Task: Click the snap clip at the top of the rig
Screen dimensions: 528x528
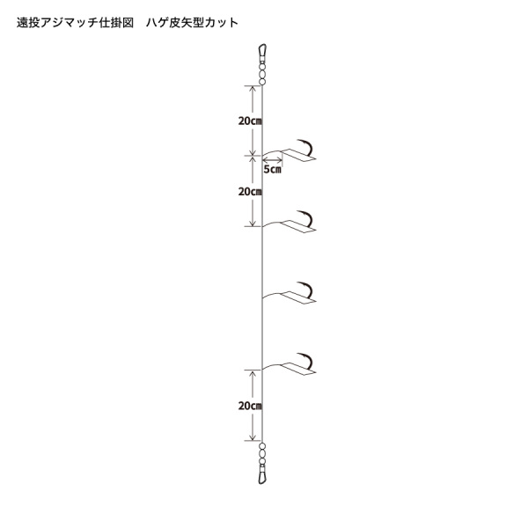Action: (262, 51)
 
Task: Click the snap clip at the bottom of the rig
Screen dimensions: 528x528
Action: (262, 477)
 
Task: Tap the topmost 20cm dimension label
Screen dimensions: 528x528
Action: (250, 121)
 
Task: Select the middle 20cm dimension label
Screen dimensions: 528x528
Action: (250, 192)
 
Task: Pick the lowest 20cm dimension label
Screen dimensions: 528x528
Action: (250, 406)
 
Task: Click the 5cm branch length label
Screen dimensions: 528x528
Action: (272, 169)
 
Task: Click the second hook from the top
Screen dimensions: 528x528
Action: (304, 219)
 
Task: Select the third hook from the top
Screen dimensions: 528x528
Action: (304, 290)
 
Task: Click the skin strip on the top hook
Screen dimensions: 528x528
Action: (298, 156)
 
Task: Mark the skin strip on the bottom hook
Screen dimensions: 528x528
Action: (298, 370)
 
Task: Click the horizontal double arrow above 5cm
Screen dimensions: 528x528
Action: (273, 159)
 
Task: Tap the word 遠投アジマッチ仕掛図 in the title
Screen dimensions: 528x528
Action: (76, 23)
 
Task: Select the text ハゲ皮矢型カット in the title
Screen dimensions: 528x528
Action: (192, 23)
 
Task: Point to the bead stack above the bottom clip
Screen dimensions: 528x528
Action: (262, 456)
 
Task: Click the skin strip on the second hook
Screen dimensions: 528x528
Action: (298, 227)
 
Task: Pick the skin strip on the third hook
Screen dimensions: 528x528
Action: (298, 298)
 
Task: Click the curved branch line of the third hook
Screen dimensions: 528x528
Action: (272, 294)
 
